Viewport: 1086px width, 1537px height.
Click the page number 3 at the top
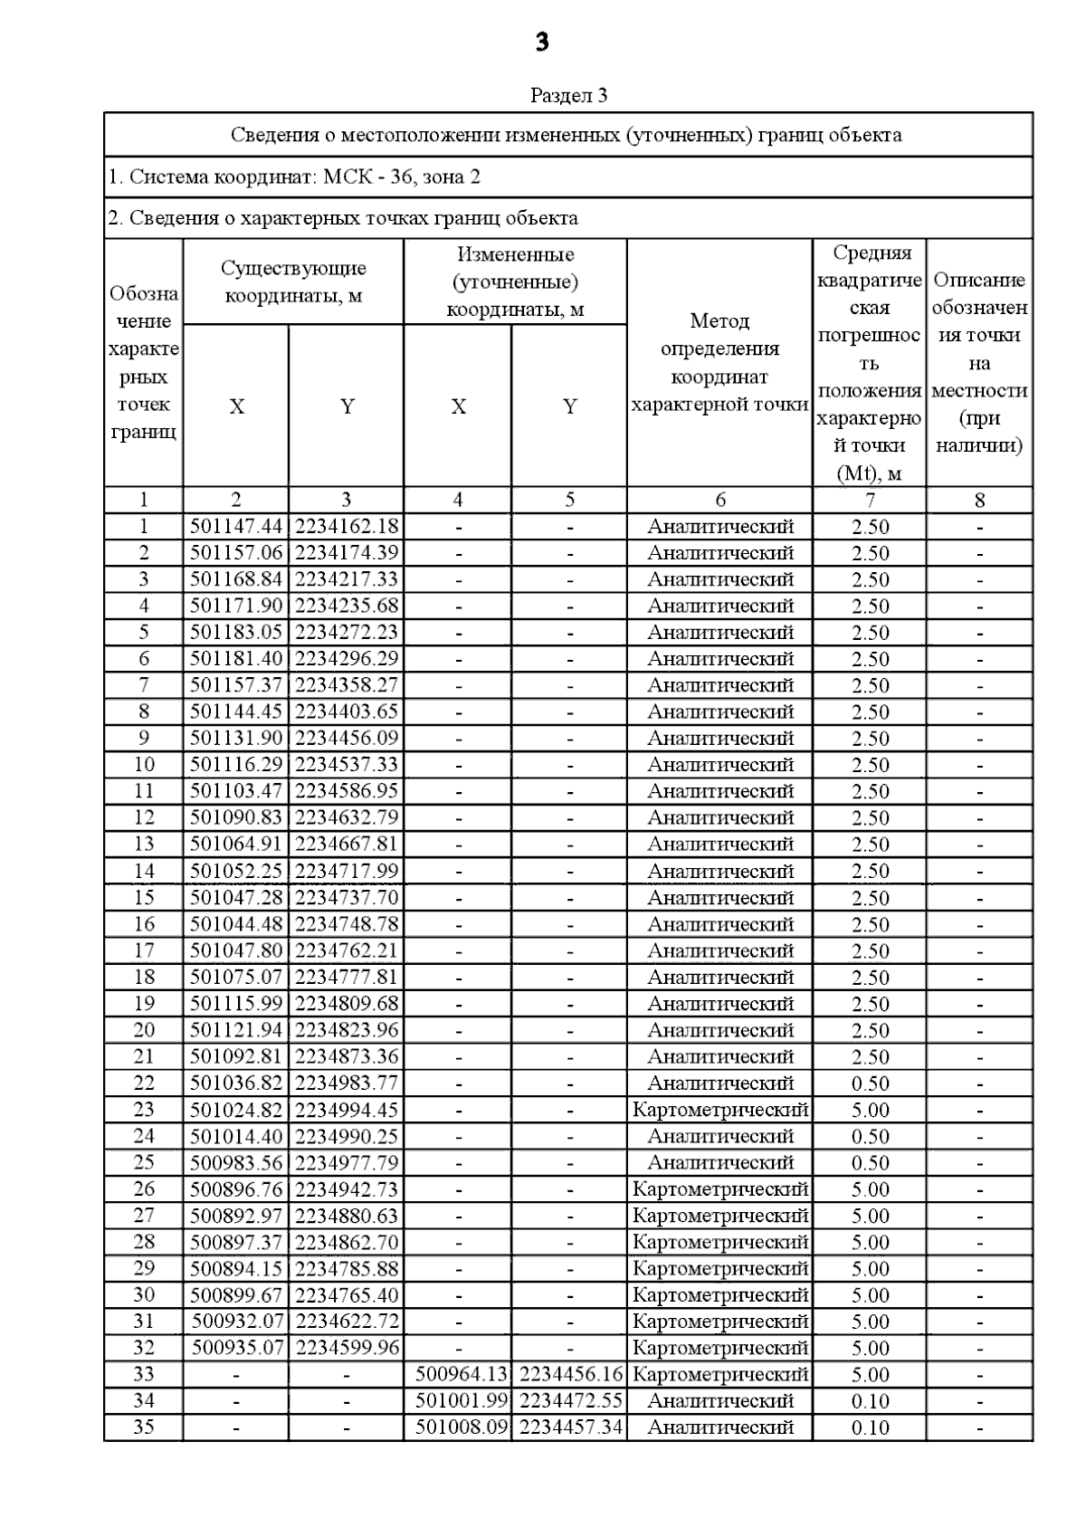(542, 43)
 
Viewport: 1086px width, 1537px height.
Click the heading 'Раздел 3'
(568, 95)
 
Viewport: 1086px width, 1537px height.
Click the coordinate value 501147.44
(236, 527)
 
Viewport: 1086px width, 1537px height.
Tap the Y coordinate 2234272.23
(347, 633)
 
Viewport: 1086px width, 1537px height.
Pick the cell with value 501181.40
(236, 659)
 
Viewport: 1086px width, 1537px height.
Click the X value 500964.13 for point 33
(458, 1375)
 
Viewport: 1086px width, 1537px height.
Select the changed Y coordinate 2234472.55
(569, 1401)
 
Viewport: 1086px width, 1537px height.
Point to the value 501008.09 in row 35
(458, 1427)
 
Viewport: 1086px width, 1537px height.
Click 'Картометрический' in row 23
(719, 1110)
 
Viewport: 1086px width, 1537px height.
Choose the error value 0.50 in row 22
(870, 1084)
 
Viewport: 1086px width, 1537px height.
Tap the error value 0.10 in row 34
(870, 1401)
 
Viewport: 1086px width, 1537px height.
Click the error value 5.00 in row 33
(870, 1375)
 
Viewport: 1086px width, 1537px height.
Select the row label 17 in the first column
(144, 951)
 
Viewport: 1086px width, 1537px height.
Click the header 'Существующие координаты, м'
(293, 282)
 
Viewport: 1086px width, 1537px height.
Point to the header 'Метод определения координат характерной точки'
(719, 362)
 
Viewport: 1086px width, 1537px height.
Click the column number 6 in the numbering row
(719, 500)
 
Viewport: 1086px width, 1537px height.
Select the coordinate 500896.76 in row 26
(236, 1189)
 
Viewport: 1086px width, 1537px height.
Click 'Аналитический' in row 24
(719, 1137)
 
